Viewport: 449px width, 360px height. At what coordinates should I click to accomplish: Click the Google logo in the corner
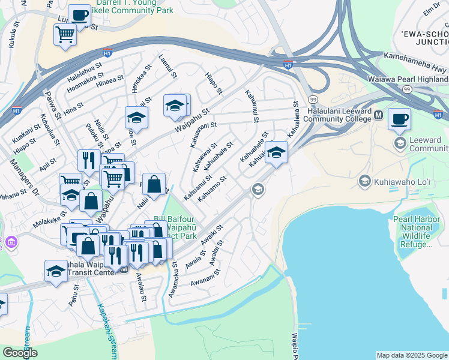(x=20, y=353)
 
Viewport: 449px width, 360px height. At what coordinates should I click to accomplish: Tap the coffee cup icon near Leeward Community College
(x=400, y=119)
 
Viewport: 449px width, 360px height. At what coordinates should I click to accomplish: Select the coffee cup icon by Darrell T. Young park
(x=79, y=15)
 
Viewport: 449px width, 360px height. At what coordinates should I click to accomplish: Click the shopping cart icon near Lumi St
(x=65, y=34)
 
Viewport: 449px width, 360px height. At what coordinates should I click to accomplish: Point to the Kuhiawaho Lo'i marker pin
(x=364, y=181)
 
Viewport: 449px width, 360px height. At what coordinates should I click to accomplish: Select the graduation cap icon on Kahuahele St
(x=276, y=152)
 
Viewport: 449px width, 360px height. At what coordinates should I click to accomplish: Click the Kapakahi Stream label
(x=107, y=327)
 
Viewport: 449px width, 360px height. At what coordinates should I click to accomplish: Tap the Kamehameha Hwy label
(x=415, y=71)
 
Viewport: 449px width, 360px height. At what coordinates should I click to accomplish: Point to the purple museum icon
(x=11, y=242)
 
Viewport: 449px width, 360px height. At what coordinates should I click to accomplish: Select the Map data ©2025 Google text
(x=411, y=355)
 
